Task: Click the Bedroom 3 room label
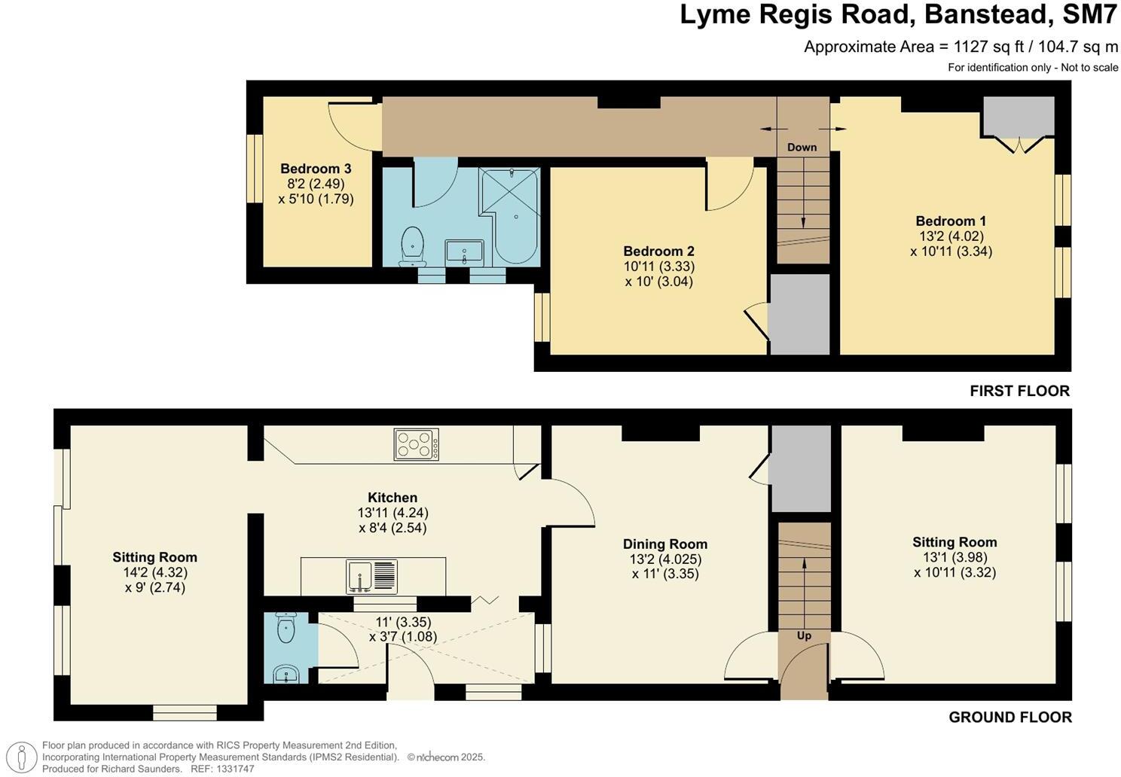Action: point(316,169)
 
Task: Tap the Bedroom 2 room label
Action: point(658,251)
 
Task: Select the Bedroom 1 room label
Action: point(950,221)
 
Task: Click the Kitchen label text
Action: point(392,498)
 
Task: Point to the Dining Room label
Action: point(664,544)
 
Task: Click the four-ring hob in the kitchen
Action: point(416,444)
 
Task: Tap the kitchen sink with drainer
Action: point(371,577)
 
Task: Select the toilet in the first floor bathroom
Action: point(412,246)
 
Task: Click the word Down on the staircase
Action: point(802,148)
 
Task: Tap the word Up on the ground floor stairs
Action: point(804,635)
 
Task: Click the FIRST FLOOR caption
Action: point(1019,391)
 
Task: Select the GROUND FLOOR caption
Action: point(1010,717)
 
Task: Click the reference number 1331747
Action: point(234,769)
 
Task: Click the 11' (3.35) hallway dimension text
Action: point(402,623)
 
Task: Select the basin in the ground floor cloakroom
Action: point(284,673)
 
